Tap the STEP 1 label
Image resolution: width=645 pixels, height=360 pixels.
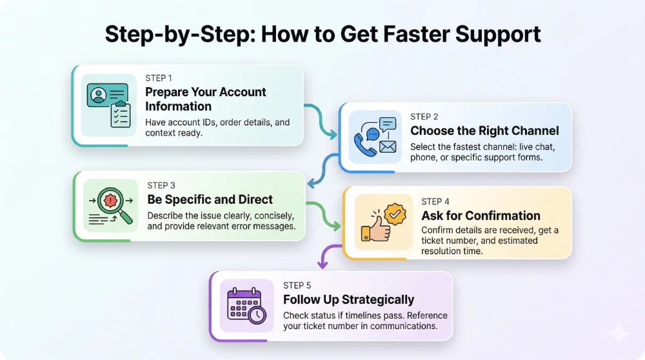(x=158, y=78)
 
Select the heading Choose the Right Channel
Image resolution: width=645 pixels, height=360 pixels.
(x=484, y=131)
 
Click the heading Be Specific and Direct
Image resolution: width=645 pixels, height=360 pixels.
(x=210, y=199)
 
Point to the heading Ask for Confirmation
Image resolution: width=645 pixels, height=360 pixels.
(x=481, y=215)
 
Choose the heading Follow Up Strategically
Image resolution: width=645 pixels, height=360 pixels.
(x=348, y=299)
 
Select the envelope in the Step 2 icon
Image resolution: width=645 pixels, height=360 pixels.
(x=387, y=148)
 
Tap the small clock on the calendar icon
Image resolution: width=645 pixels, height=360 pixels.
(x=256, y=315)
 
